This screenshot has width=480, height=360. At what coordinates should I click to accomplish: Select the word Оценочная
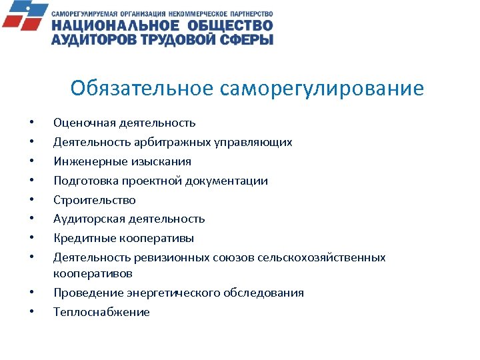(x=82, y=123)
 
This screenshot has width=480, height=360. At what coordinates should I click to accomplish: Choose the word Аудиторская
(x=85, y=219)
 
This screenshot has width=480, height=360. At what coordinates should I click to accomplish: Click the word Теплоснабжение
(x=101, y=312)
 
